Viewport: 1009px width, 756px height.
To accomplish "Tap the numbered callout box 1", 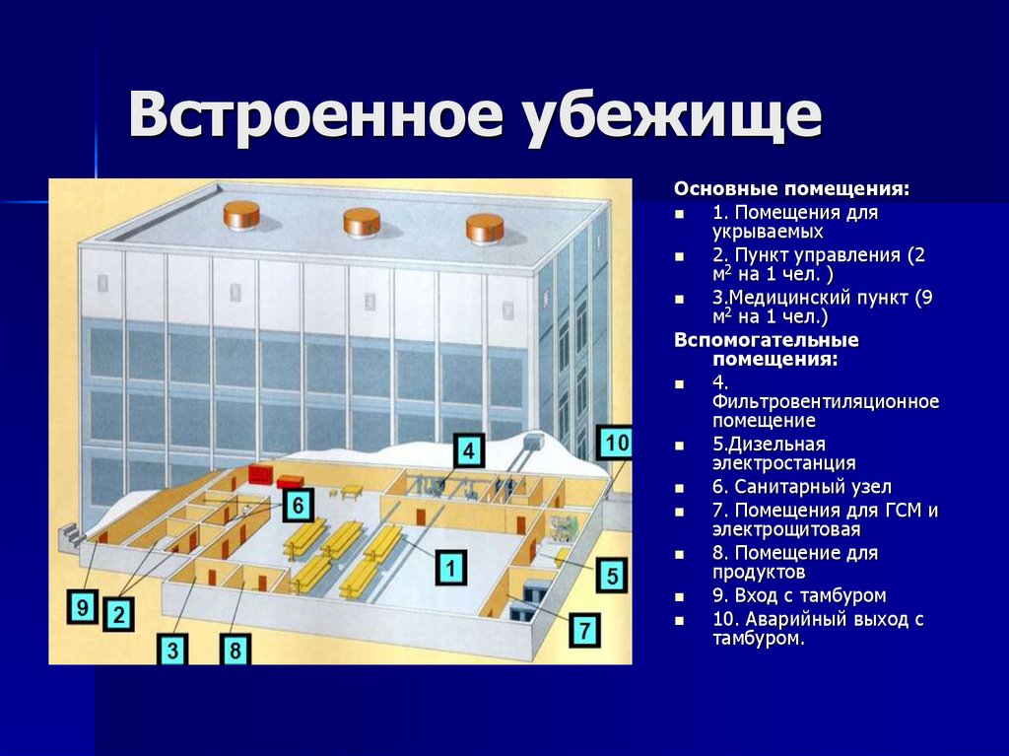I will point(450,568).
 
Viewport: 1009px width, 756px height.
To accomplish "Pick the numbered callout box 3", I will point(172,650).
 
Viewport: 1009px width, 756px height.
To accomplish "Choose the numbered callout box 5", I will point(612,575).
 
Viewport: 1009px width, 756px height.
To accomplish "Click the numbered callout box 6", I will point(298,506).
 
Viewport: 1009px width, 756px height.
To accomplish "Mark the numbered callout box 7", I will point(584,628).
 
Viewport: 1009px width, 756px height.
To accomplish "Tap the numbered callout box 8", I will point(235,650).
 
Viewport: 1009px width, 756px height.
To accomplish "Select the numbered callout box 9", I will point(82,606).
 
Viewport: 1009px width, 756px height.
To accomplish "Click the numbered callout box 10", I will point(615,444).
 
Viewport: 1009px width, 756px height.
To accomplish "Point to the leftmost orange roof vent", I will point(240,214).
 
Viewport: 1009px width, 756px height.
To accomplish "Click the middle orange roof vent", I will point(362,222).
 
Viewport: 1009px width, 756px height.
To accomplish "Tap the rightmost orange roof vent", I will point(485,228).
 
